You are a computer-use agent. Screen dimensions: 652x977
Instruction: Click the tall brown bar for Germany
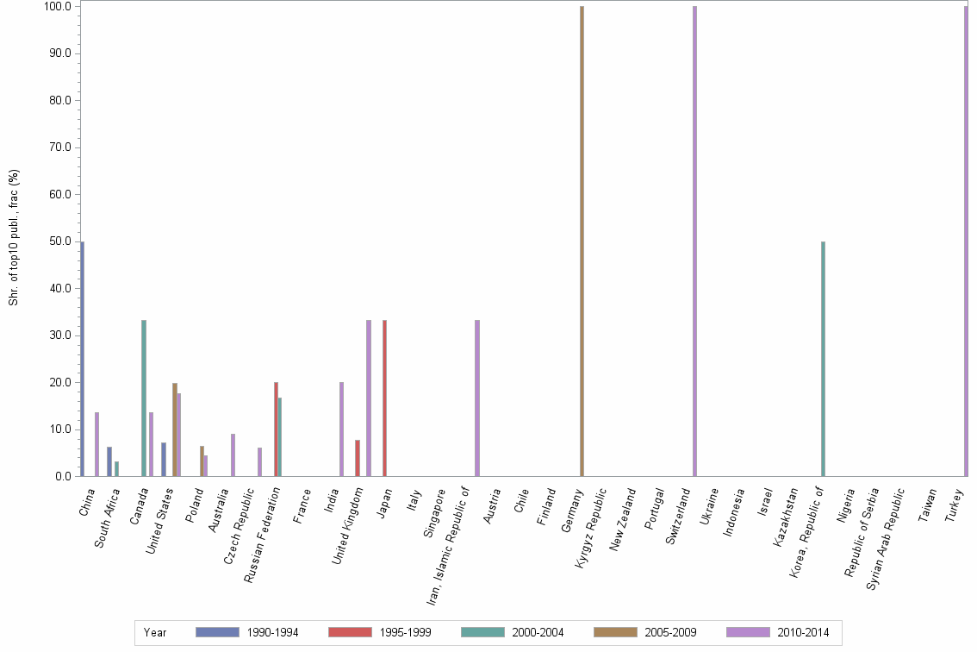tap(582, 241)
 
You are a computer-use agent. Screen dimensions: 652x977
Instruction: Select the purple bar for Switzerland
tap(694, 241)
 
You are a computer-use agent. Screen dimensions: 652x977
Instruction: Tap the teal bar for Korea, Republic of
tap(823, 359)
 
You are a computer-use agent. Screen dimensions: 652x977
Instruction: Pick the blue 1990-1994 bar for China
tap(82, 359)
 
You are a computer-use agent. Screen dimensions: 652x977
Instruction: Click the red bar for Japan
tap(384, 398)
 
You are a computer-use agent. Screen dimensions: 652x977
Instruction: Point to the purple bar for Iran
tap(477, 398)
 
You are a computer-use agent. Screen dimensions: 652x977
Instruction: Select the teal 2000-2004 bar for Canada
tap(144, 398)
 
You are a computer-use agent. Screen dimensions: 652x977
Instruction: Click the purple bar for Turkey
tap(966, 241)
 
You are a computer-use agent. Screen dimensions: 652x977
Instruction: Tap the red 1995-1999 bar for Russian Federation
tap(276, 429)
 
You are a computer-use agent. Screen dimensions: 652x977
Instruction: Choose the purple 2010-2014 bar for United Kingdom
tap(369, 398)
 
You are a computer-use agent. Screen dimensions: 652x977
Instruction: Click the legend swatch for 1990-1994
tap(217, 632)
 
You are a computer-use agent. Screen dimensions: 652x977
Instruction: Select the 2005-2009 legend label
tap(670, 632)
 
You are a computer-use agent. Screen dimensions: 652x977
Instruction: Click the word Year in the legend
tap(155, 632)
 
